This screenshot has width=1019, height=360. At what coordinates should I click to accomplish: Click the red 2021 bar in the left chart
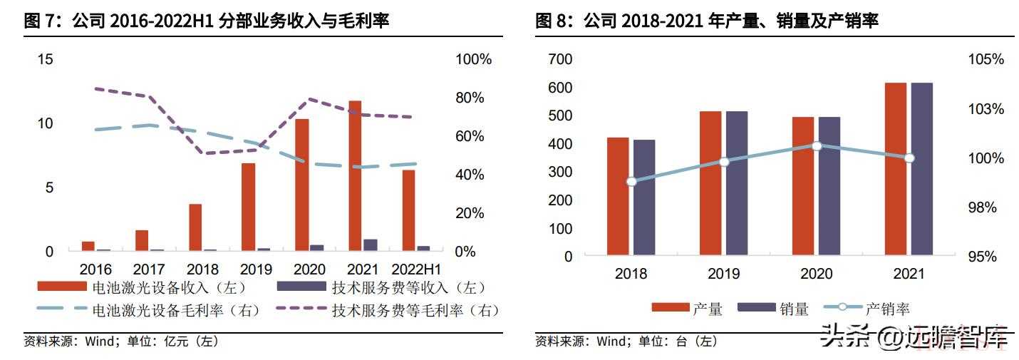[354, 175]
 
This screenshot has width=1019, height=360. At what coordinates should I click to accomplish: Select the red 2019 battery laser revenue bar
[248, 207]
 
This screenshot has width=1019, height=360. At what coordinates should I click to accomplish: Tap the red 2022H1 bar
[408, 210]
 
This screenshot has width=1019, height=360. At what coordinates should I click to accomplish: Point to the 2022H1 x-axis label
[417, 270]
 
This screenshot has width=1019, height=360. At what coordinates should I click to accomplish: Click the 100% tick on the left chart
[473, 59]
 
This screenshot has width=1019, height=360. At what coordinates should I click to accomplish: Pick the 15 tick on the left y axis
[45, 59]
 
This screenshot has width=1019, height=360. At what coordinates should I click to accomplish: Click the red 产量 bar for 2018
[618, 195]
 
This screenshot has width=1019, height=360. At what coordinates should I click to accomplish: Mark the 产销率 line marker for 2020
[817, 146]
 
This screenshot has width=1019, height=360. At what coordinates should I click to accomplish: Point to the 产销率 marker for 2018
[631, 182]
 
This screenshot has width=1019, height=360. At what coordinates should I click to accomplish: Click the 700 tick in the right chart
[561, 59]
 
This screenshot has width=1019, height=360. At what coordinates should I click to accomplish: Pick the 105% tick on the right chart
[986, 59]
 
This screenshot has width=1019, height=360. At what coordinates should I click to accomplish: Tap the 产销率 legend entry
[866, 309]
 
